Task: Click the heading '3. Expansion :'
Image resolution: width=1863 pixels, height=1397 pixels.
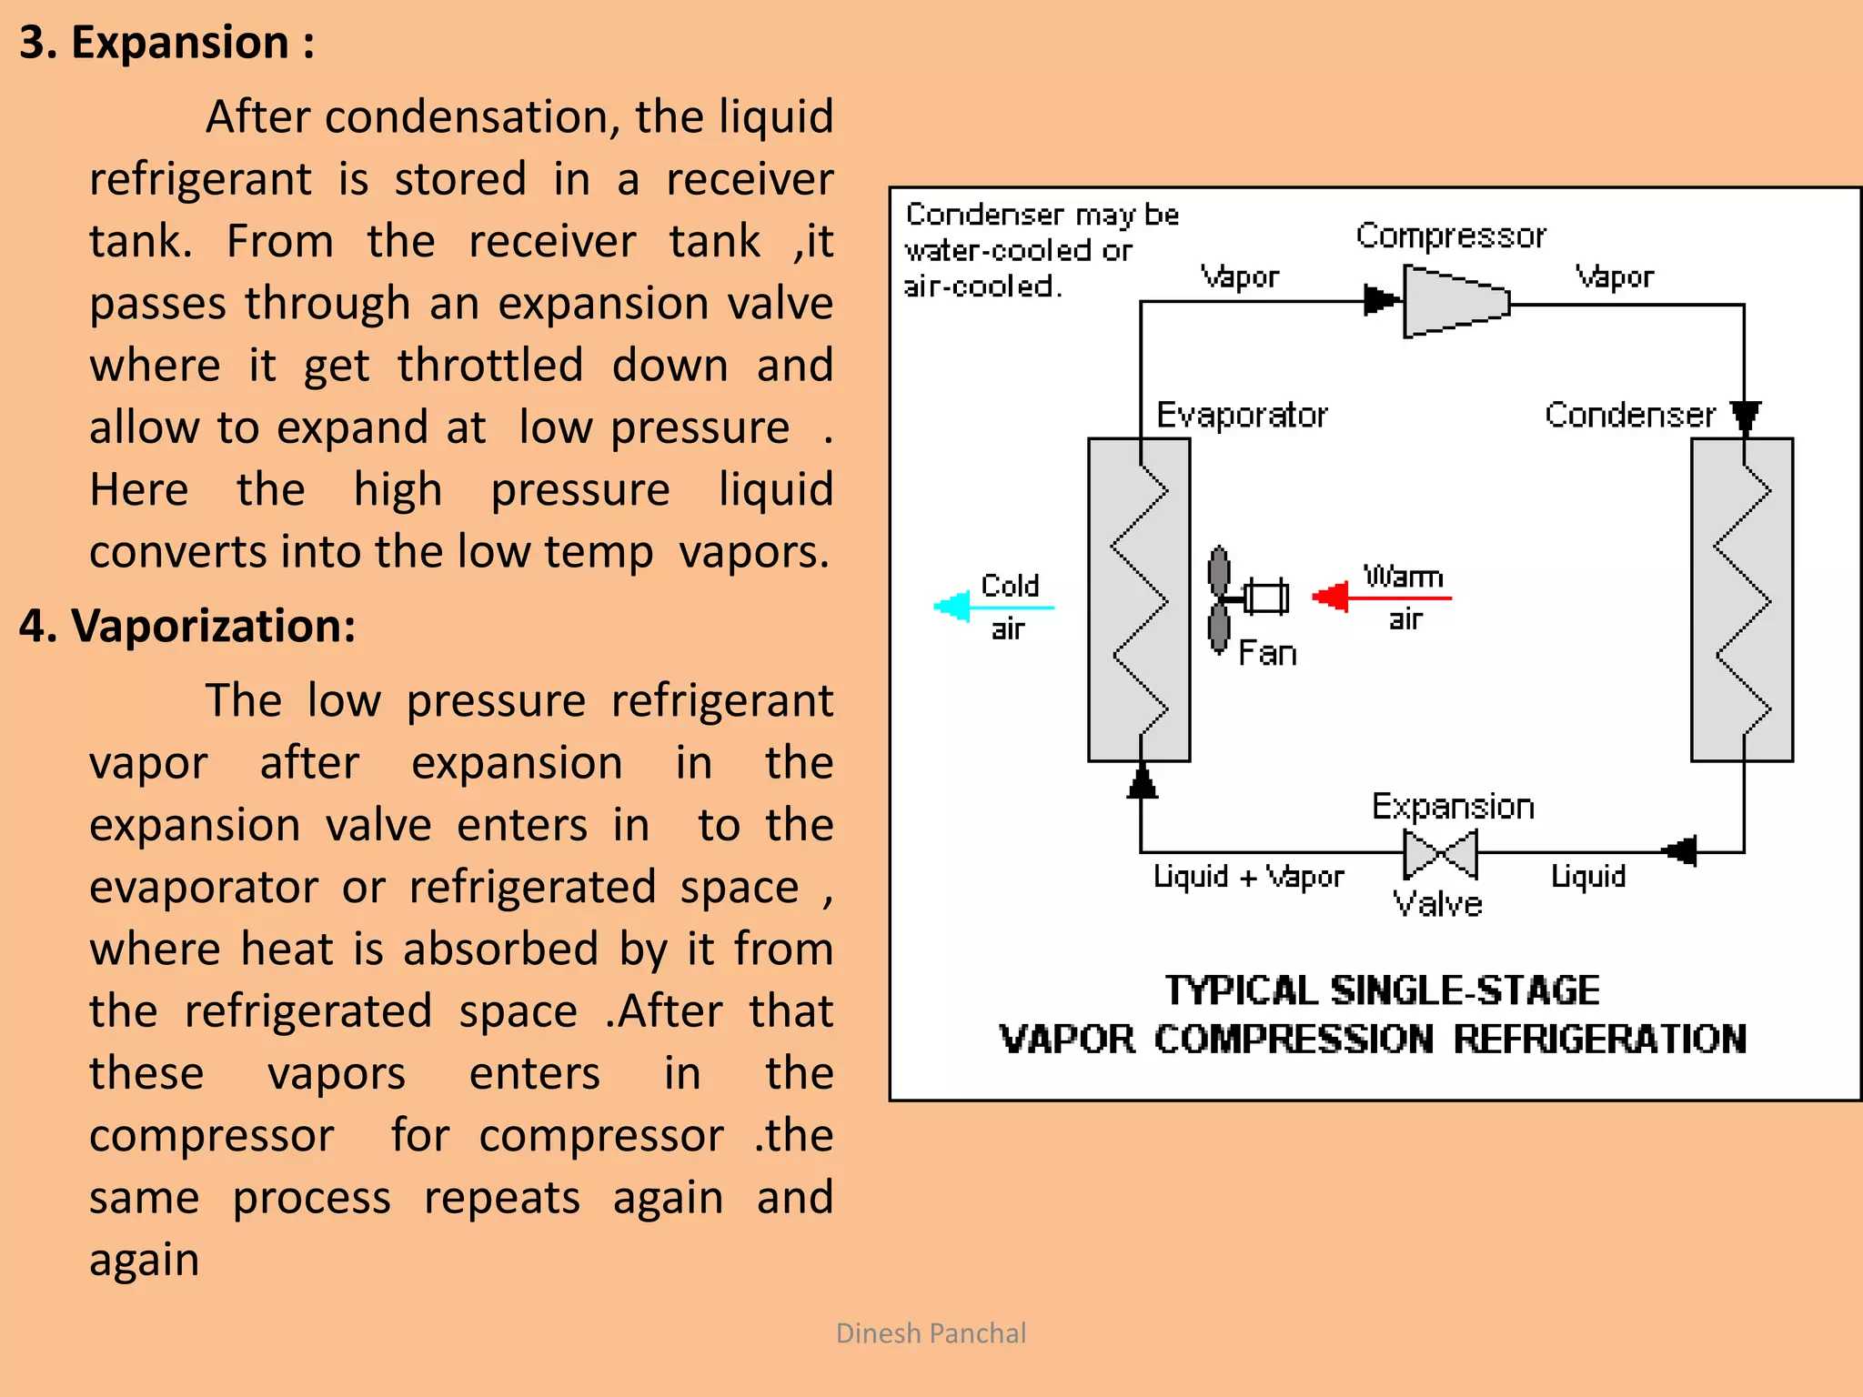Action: pos(166,43)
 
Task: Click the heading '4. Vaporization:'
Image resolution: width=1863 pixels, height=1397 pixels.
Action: pos(186,626)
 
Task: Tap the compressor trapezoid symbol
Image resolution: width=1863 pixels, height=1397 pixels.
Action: pos(1454,302)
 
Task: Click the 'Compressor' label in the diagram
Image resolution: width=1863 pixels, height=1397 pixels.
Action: pos(1450,236)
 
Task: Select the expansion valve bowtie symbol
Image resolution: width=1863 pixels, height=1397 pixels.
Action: pos(1439,854)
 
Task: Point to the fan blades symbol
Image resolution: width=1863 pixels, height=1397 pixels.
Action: pos(1219,599)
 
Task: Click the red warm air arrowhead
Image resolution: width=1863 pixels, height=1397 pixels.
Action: pos(1331,597)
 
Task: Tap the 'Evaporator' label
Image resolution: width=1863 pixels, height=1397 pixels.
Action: pos(1241,415)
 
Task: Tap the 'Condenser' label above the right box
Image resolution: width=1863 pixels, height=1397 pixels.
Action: pos(1629,415)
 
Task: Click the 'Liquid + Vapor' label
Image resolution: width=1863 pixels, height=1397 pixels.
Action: pos(1248,877)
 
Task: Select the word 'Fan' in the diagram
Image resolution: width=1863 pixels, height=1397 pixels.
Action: pos(1267,653)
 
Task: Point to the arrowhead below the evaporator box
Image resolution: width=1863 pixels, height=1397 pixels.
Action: pos(1142,782)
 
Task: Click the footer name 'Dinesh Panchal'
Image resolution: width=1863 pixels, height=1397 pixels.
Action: pos(931,1333)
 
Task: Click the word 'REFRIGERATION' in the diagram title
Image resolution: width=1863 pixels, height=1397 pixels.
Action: pos(1598,1039)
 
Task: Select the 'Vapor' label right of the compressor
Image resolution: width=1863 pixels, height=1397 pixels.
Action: pos(1614,276)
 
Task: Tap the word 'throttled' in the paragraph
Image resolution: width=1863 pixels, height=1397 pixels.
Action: pos(490,365)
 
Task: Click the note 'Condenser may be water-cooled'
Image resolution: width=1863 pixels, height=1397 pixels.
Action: pos(1042,232)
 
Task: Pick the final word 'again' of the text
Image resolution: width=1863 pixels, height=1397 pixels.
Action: pos(144,1260)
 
